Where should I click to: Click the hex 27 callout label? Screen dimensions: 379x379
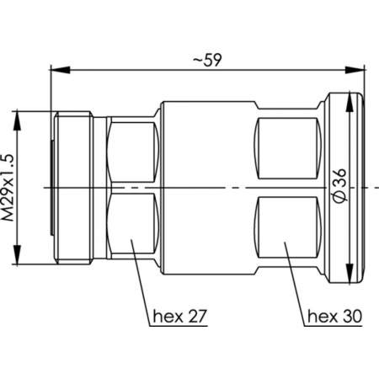(180, 318)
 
